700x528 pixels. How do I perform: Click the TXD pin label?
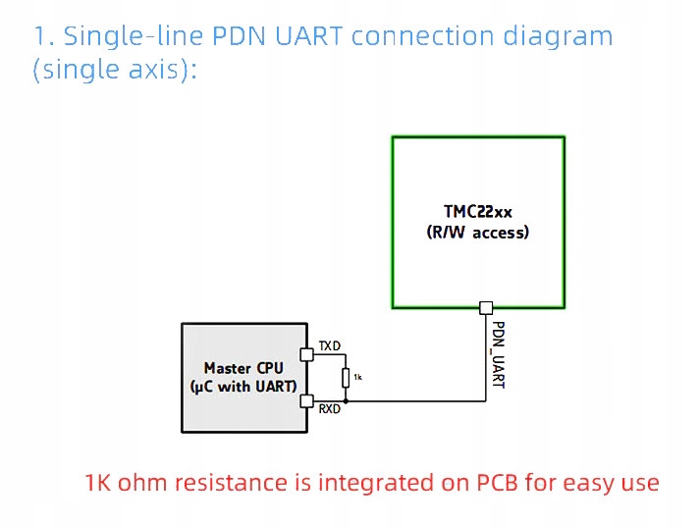tap(330, 345)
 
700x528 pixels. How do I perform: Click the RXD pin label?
tap(330, 409)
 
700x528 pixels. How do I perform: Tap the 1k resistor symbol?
tap(346, 378)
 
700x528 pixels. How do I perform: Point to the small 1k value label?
tap(357, 377)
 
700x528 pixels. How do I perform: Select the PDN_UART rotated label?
tap(498, 355)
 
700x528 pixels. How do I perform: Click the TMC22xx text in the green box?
tap(478, 211)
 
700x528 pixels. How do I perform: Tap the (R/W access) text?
tap(478, 232)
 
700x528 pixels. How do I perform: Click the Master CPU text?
tap(243, 368)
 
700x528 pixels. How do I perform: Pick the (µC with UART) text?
tap(243, 387)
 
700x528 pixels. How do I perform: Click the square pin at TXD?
tap(307, 355)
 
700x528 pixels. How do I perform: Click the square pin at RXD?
tap(307, 401)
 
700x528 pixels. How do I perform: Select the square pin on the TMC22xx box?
tap(486, 308)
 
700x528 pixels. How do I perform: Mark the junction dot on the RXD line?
tap(346, 401)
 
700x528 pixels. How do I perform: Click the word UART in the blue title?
tap(309, 36)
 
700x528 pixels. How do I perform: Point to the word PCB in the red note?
tap(498, 483)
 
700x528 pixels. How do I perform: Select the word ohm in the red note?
tap(146, 482)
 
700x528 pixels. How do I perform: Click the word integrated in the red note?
tap(375, 484)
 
